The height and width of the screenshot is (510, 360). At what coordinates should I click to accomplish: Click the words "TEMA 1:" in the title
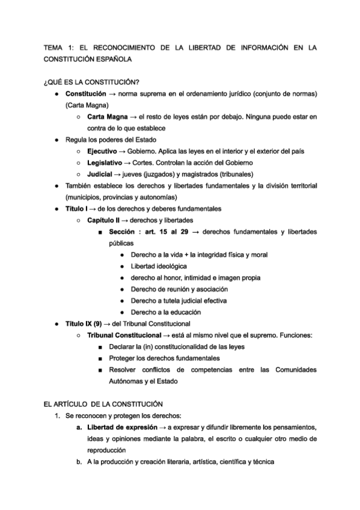coord(59,47)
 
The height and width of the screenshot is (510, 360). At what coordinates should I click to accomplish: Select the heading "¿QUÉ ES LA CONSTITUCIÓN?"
coord(88,82)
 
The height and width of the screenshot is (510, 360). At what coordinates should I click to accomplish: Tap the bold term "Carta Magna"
coord(107,117)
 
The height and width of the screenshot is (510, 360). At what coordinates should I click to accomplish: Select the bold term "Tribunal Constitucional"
coord(124,335)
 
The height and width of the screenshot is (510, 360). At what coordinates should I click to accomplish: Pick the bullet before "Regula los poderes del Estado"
coord(56,140)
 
